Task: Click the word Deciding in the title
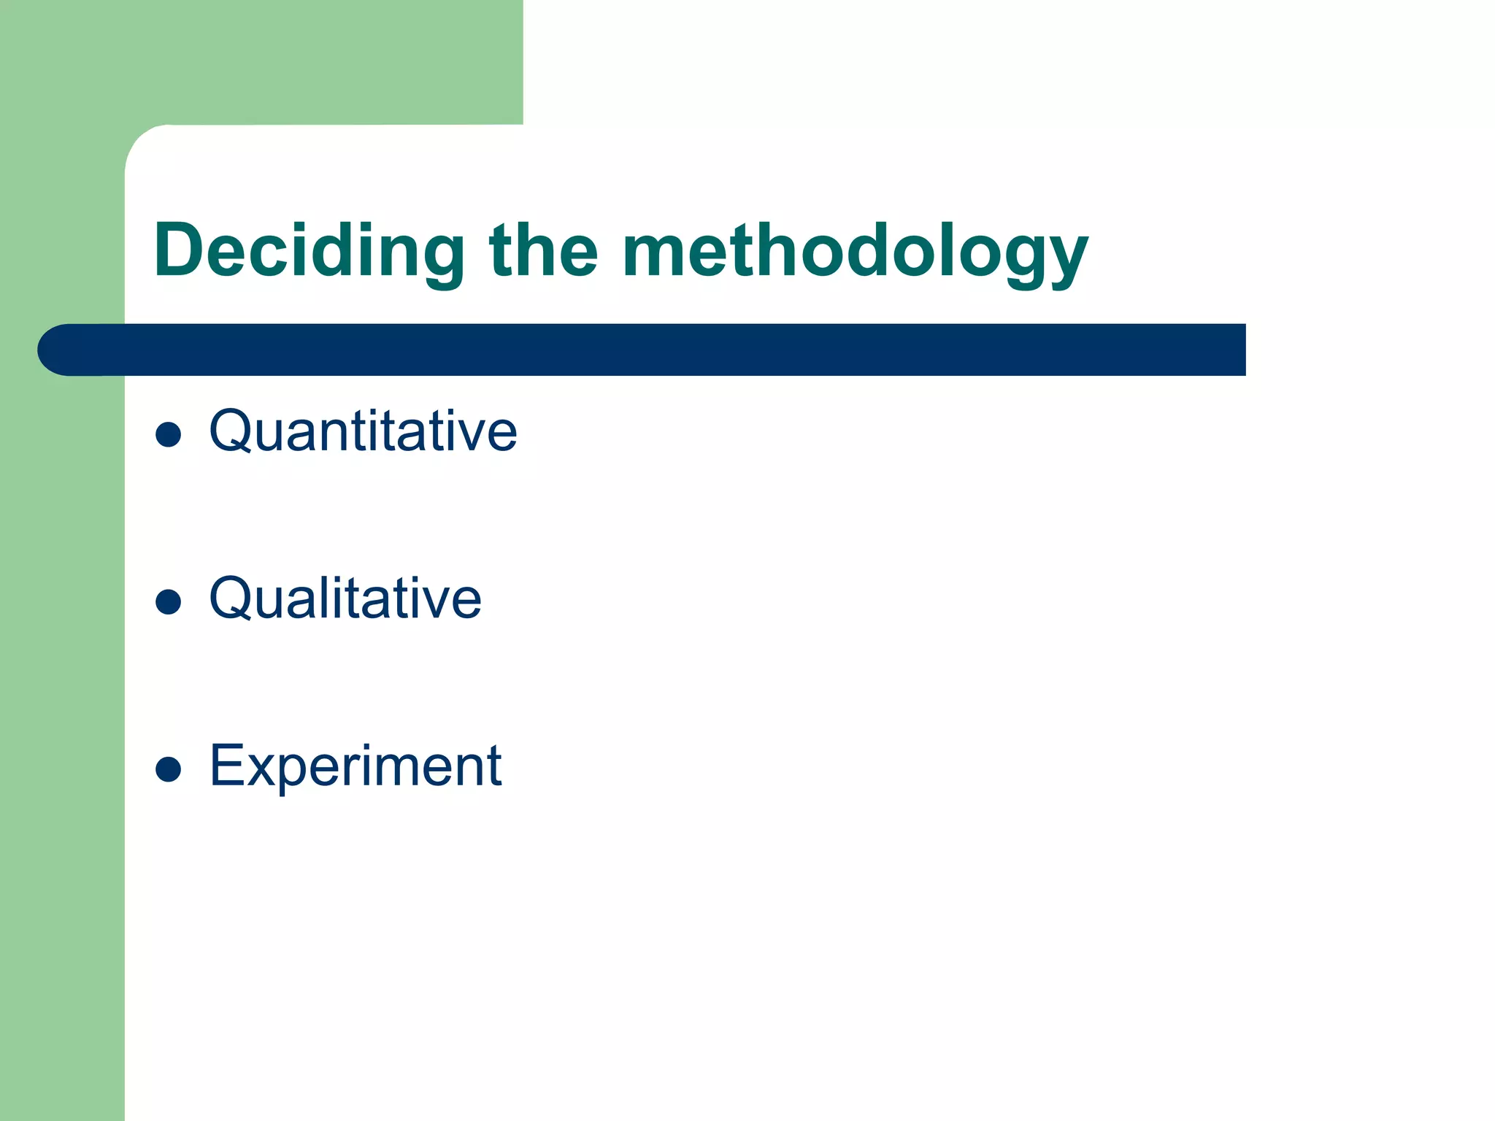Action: click(x=309, y=250)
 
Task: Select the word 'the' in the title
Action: click(x=544, y=250)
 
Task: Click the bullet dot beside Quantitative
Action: click(x=169, y=434)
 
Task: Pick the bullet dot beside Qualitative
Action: click(x=169, y=601)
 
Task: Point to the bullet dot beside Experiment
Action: click(x=169, y=768)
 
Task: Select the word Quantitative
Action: click(x=363, y=431)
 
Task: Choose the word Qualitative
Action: click(x=345, y=598)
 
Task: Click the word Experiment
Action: click(x=356, y=766)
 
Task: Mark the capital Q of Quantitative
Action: click(x=232, y=431)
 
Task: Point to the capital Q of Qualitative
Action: click(x=232, y=598)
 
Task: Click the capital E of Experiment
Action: click(x=227, y=766)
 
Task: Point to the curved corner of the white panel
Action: click(x=142, y=142)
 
